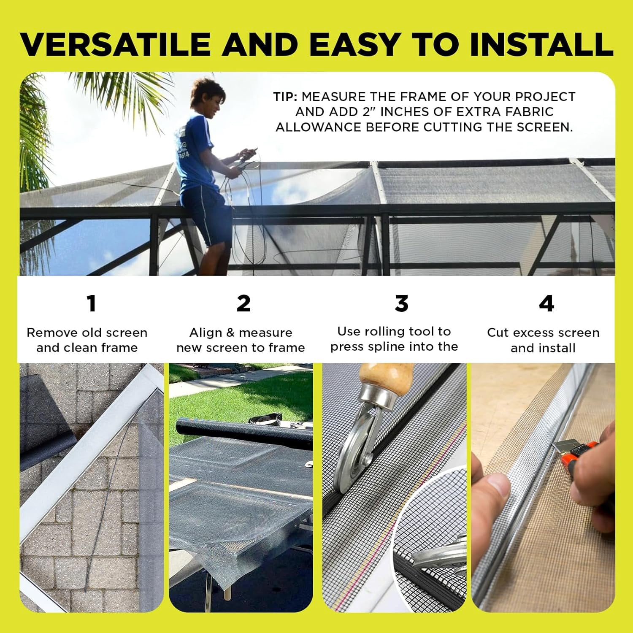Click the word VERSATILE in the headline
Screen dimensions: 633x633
pyautogui.click(x=115, y=44)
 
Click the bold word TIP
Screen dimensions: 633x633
pyautogui.click(x=285, y=97)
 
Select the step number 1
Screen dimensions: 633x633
pyautogui.click(x=91, y=303)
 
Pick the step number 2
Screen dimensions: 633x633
pyautogui.click(x=243, y=303)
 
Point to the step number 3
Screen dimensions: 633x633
pyautogui.click(x=401, y=303)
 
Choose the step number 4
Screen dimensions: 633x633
pyautogui.click(x=546, y=303)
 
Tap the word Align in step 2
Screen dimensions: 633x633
pyautogui.click(x=206, y=333)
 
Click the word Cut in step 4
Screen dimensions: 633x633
pyautogui.click(x=498, y=333)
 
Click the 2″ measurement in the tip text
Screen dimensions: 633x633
pyautogui.click(x=368, y=112)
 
